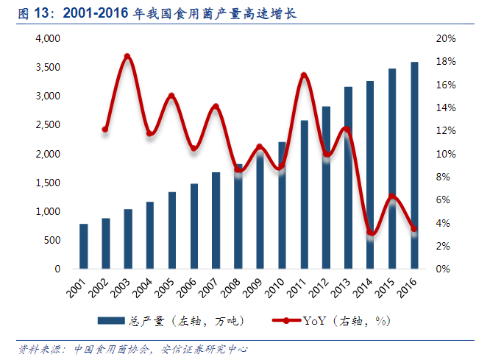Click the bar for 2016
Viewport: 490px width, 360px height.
click(x=414, y=166)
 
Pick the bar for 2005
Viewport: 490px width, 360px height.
click(x=171, y=230)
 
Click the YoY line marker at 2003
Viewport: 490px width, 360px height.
click(x=127, y=57)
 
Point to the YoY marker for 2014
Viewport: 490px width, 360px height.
click(x=371, y=233)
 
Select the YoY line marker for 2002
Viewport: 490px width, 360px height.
click(x=105, y=130)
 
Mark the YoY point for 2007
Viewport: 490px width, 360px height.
click(x=216, y=107)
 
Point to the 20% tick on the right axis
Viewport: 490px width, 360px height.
click(x=447, y=38)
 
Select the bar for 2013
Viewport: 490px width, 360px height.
click(x=348, y=177)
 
